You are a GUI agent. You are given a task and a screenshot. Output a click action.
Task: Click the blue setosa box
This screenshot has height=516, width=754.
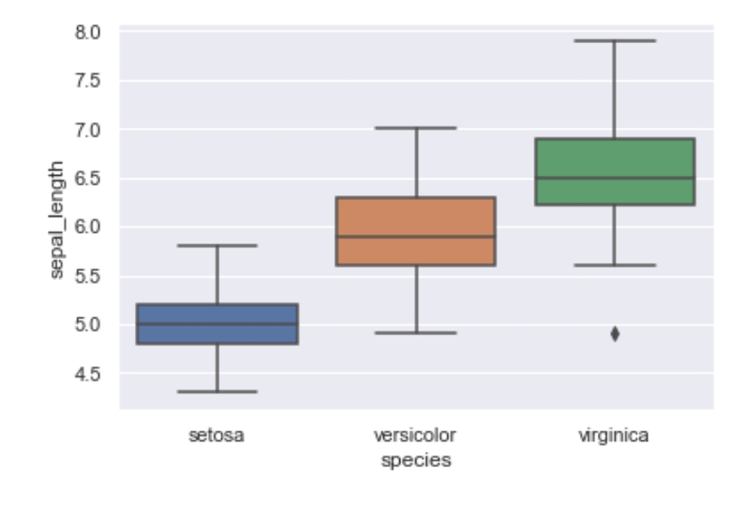click(217, 324)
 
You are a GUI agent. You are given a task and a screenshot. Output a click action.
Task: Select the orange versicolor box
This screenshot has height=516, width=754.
click(416, 231)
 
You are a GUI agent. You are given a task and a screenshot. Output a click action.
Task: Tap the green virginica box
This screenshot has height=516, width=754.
click(615, 172)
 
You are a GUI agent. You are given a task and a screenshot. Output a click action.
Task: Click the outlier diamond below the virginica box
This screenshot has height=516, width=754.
click(615, 334)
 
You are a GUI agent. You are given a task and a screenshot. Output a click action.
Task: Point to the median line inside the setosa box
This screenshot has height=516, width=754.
click(217, 324)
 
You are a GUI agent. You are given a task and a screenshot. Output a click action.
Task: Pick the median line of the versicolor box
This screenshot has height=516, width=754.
click(416, 236)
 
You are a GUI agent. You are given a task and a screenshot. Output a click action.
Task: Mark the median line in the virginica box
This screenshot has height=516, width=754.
click(615, 178)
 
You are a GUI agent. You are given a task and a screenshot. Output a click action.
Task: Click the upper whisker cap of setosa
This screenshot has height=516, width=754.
click(217, 246)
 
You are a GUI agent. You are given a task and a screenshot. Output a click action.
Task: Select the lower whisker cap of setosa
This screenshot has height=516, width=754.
click(217, 391)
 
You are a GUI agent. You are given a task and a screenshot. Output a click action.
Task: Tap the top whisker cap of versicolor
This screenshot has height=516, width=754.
click(416, 128)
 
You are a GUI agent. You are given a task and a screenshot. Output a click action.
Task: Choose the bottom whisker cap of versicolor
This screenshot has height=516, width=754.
click(416, 333)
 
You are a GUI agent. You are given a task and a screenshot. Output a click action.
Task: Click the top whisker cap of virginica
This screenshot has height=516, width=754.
click(615, 41)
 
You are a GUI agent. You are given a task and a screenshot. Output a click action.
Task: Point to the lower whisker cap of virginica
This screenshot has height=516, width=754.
click(615, 265)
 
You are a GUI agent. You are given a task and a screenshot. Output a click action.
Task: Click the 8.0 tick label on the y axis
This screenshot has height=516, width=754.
click(88, 33)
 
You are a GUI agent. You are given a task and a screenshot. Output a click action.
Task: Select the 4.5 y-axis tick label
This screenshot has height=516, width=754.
click(88, 374)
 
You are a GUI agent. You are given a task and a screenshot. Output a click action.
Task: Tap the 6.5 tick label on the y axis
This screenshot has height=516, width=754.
click(88, 178)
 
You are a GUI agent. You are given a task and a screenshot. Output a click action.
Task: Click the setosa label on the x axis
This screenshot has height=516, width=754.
click(216, 435)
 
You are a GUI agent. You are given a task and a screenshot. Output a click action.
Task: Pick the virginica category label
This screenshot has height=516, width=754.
click(613, 435)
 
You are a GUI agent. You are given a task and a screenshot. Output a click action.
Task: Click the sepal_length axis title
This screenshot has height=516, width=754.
click(56, 220)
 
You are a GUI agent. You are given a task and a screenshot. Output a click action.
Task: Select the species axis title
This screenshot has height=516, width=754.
click(416, 461)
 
